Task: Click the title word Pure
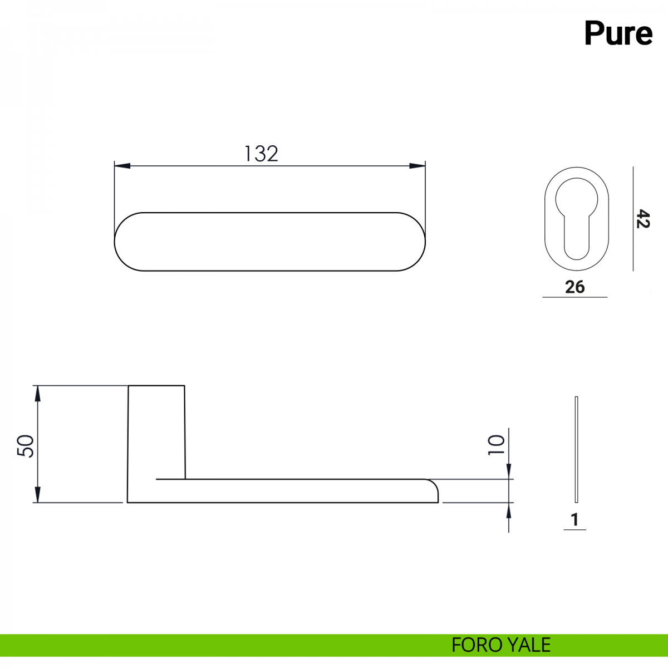pos(618,33)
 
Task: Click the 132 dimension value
pos(261,154)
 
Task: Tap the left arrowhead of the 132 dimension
pos(122,166)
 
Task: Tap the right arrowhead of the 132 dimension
pos(417,166)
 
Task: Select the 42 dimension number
pos(643,218)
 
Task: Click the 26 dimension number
pos(574,287)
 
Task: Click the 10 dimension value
pos(496,445)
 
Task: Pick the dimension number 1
pos(574,519)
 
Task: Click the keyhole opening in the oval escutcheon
pos(577,218)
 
